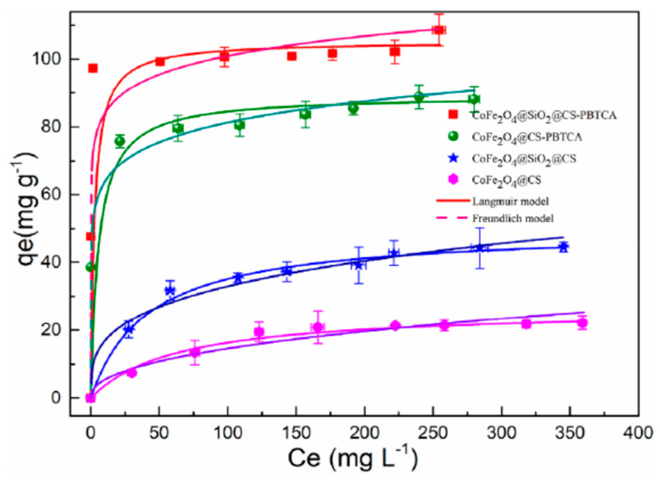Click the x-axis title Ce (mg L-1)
click(352, 457)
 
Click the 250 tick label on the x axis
click(433, 433)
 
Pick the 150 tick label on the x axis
click(296, 433)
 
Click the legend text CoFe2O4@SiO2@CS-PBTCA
click(544, 115)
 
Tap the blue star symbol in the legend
click(453, 158)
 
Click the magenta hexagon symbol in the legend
click(453, 179)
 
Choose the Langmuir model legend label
click(510, 201)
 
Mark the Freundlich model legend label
click(512, 218)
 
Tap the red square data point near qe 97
click(93, 68)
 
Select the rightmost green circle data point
click(474, 99)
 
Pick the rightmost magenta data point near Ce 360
click(582, 323)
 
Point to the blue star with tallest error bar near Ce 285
click(480, 248)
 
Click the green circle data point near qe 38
click(90, 267)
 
